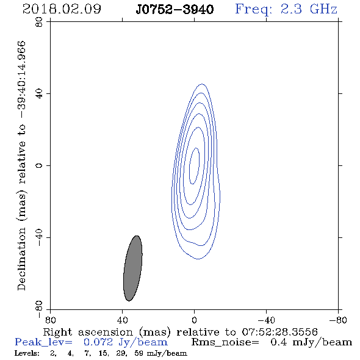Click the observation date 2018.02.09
tap(62, 9)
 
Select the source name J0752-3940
tap(175, 10)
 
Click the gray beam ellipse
tap(133, 268)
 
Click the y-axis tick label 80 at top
tap(39, 22)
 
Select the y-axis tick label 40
tap(39, 94)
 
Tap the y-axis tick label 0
tap(39, 165)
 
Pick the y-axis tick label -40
tap(39, 237)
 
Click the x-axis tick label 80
tap(50, 320)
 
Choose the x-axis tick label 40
tap(123, 320)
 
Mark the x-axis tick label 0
tap(194, 320)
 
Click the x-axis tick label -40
tap(266, 320)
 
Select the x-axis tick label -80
tap(338, 320)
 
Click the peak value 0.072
tap(98, 342)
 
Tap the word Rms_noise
tap(225, 342)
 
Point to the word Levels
tap(27, 353)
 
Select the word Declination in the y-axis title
tap(21, 259)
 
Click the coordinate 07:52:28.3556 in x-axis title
tap(279, 332)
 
